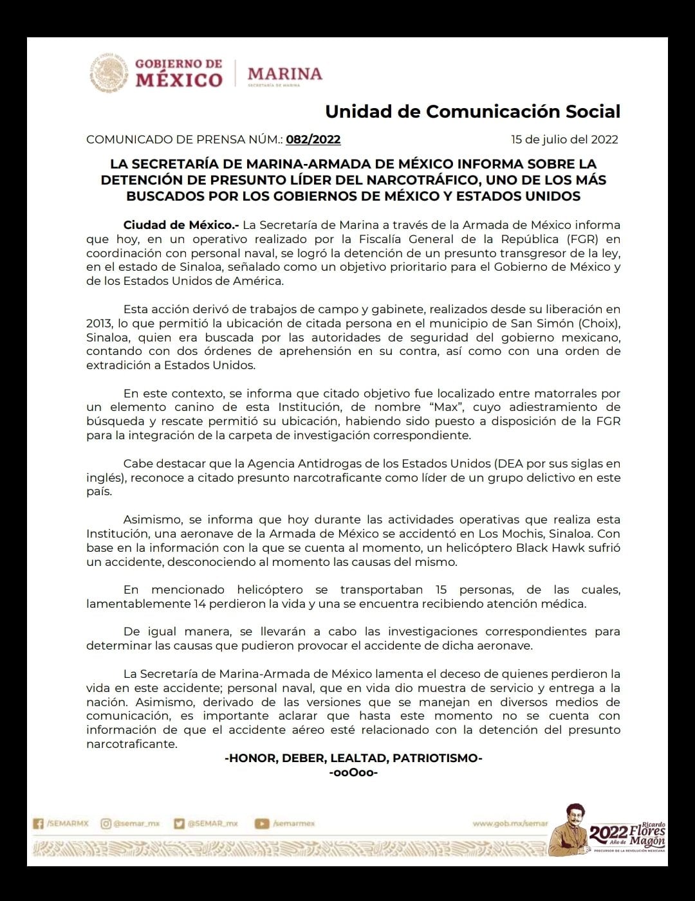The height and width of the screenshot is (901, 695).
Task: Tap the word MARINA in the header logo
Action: click(x=284, y=73)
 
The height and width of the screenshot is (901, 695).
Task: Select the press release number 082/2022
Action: click(x=313, y=140)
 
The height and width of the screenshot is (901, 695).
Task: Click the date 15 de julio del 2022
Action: click(x=564, y=140)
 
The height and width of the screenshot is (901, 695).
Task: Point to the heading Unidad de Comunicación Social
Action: click(x=472, y=111)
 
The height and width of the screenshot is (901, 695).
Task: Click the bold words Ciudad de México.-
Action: click(x=181, y=225)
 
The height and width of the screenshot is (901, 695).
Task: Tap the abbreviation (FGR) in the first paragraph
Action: click(x=600, y=239)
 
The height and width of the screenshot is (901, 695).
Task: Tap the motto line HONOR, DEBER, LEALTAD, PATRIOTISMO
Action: click(x=353, y=758)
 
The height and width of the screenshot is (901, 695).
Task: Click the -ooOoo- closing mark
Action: click(x=353, y=772)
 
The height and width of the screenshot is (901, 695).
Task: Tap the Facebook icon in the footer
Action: click(x=39, y=823)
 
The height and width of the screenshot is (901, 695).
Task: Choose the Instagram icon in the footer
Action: click(x=106, y=823)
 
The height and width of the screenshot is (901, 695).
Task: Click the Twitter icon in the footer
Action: click(x=180, y=823)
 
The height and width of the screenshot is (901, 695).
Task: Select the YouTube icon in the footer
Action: click(x=262, y=823)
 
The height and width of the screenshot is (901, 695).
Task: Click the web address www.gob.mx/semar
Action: click(x=510, y=823)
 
